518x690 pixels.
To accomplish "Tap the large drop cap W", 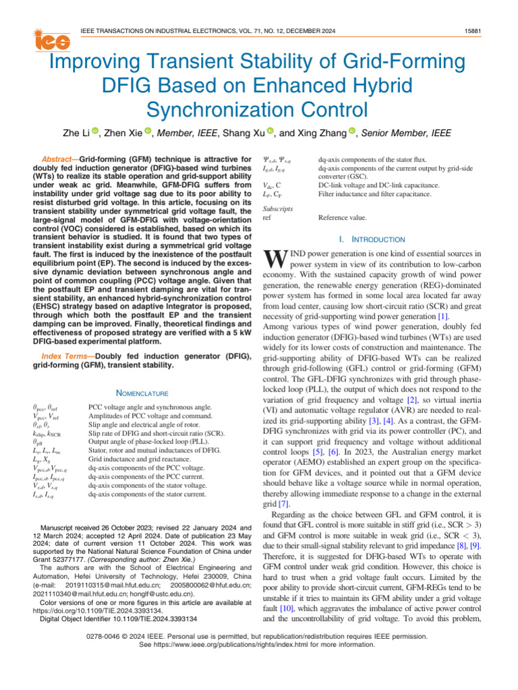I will coord(271,259).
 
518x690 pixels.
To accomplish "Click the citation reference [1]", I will coord(442,316).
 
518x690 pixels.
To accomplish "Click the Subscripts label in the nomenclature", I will coord(277,209).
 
